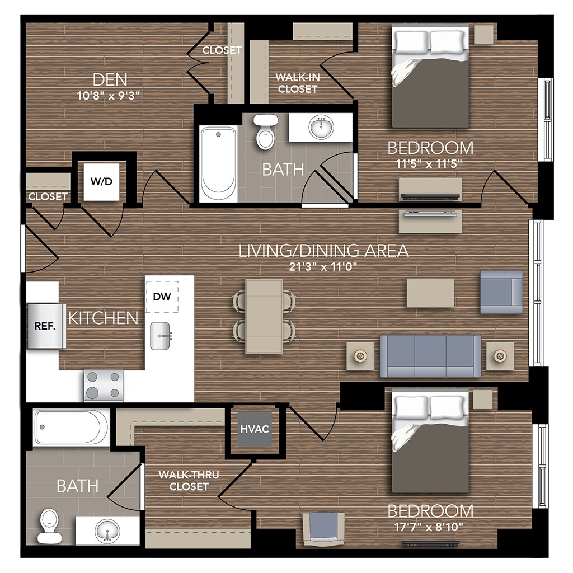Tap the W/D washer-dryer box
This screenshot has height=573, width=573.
click(x=102, y=182)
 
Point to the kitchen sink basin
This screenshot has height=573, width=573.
click(x=160, y=336)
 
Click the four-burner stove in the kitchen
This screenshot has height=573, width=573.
click(x=104, y=385)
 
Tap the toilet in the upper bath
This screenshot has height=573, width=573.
click(x=265, y=131)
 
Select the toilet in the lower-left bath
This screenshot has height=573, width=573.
click(x=49, y=526)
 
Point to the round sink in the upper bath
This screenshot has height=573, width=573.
click(x=321, y=128)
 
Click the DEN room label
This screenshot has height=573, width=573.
click(x=110, y=79)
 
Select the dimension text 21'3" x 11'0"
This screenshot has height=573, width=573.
click(x=324, y=266)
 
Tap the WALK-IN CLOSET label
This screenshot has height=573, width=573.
click(x=298, y=83)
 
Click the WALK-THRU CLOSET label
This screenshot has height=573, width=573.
click(x=189, y=481)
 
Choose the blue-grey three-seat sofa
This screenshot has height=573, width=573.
click(x=430, y=356)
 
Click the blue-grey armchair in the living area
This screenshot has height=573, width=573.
click(x=501, y=292)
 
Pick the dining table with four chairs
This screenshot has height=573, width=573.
click(x=264, y=316)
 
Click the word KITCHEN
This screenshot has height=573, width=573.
click(x=102, y=318)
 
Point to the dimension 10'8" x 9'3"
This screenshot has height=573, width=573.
click(x=108, y=95)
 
